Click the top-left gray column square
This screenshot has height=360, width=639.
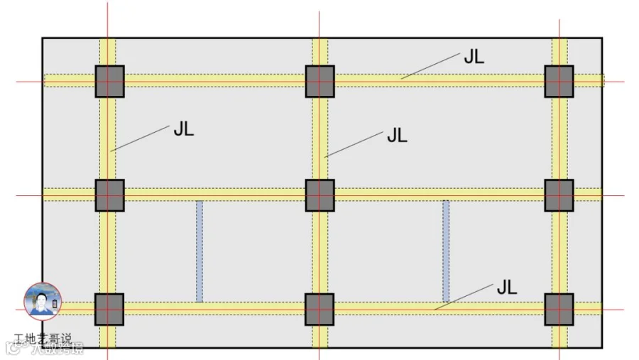[x=109, y=81]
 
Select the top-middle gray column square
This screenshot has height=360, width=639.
[x=319, y=81]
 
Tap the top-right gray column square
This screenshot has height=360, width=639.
[x=559, y=81]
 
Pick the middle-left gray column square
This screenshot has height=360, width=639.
[x=109, y=195]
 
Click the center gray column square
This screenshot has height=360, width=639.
[x=319, y=195]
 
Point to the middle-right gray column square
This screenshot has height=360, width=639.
[x=559, y=195]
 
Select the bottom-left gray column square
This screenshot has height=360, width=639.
[x=109, y=309]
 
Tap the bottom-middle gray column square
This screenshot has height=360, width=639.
[x=319, y=309]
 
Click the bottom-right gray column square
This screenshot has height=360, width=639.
[x=559, y=309]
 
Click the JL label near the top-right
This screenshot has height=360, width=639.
[x=474, y=58]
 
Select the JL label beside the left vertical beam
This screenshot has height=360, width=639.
[x=182, y=130]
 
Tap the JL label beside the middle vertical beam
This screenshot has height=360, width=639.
[x=397, y=136]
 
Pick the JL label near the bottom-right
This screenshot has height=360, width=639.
[x=506, y=288]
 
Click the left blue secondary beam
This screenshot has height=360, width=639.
[x=200, y=251]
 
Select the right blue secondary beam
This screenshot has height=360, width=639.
[x=446, y=251]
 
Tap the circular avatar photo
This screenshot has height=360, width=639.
[x=43, y=300]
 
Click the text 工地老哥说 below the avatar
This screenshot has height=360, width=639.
[x=43, y=339]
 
